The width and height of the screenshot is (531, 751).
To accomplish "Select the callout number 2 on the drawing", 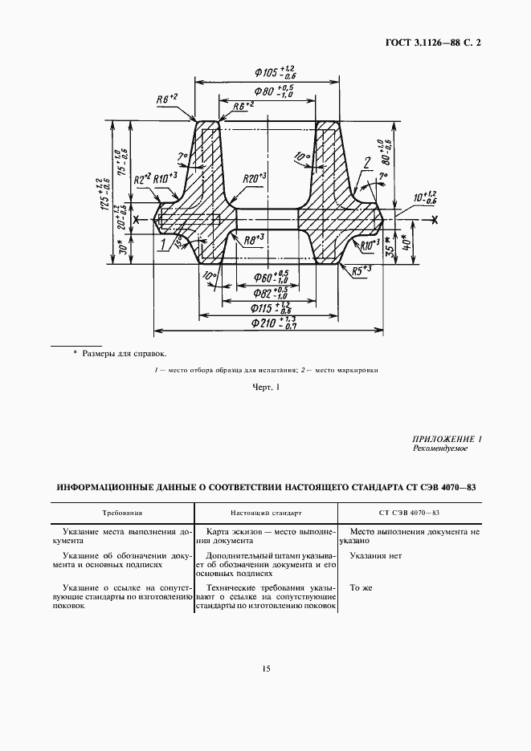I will [x=366, y=164].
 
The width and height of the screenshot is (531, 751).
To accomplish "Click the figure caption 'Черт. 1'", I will [x=266, y=388].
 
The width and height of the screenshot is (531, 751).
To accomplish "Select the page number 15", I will [x=265, y=669].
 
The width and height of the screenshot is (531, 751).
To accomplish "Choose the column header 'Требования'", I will [x=122, y=511].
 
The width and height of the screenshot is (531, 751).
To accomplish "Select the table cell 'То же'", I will [x=361, y=587].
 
